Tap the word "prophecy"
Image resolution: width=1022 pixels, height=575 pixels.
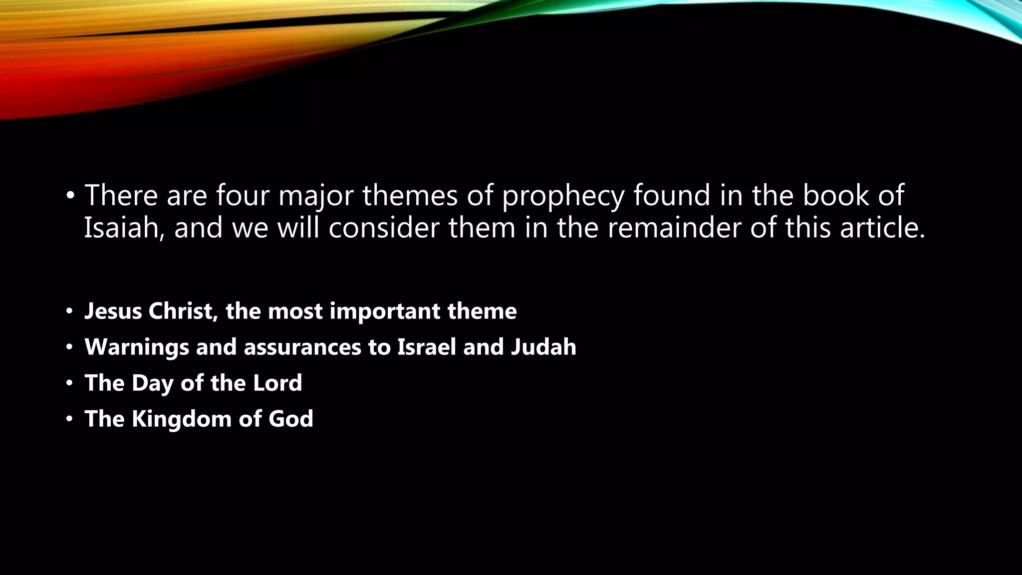click(x=562, y=196)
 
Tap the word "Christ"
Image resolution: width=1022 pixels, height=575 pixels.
click(x=183, y=311)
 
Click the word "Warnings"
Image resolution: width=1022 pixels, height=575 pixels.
click(x=136, y=347)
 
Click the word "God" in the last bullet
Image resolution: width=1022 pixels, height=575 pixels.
click(x=290, y=419)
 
